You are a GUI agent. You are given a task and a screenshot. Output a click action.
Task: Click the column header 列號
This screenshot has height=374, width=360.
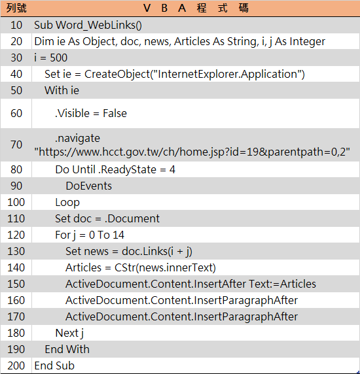coord(16,8)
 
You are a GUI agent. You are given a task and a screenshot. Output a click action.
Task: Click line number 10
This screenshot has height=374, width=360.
coord(16,25)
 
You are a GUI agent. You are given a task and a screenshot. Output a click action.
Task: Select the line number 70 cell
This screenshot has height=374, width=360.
coord(16,144)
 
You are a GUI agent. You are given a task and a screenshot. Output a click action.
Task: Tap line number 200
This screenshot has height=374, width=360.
coord(16,365)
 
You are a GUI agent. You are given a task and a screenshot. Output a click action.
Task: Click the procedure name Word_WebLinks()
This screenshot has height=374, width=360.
coord(99,25)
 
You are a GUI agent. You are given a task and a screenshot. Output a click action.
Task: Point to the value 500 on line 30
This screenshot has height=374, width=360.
coord(58,58)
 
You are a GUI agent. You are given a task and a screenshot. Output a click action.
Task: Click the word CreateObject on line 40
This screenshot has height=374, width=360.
coord(117,74)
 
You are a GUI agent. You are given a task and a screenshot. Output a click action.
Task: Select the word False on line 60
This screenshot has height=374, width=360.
coord(115,113)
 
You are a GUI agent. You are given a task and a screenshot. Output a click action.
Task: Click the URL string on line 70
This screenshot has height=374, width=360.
coord(192,152)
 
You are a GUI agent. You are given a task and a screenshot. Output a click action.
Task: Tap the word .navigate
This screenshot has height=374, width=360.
coord(77,139)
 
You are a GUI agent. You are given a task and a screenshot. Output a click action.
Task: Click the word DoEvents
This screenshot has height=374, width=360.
coord(88,186)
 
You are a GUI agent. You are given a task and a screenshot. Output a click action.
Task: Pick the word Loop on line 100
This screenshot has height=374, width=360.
coord(67,203)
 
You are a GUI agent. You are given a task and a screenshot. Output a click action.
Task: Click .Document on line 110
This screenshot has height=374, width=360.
coord(132,218)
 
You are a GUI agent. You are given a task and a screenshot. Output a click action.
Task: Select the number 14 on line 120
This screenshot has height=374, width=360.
coord(118,235)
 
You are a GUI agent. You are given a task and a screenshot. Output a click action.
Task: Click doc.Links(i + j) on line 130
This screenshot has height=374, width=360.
coord(157,252)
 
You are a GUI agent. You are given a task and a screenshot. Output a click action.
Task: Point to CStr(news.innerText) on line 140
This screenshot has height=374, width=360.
coord(165,268)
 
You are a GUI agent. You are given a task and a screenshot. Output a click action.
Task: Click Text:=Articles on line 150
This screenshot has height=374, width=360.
coord(282,284)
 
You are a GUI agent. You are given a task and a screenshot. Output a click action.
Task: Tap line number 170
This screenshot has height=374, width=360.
coord(16,316)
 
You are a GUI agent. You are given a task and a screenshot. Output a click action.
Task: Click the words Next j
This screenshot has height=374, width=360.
coord(69,333)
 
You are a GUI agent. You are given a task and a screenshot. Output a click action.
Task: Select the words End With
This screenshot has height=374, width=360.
coord(67,349)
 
